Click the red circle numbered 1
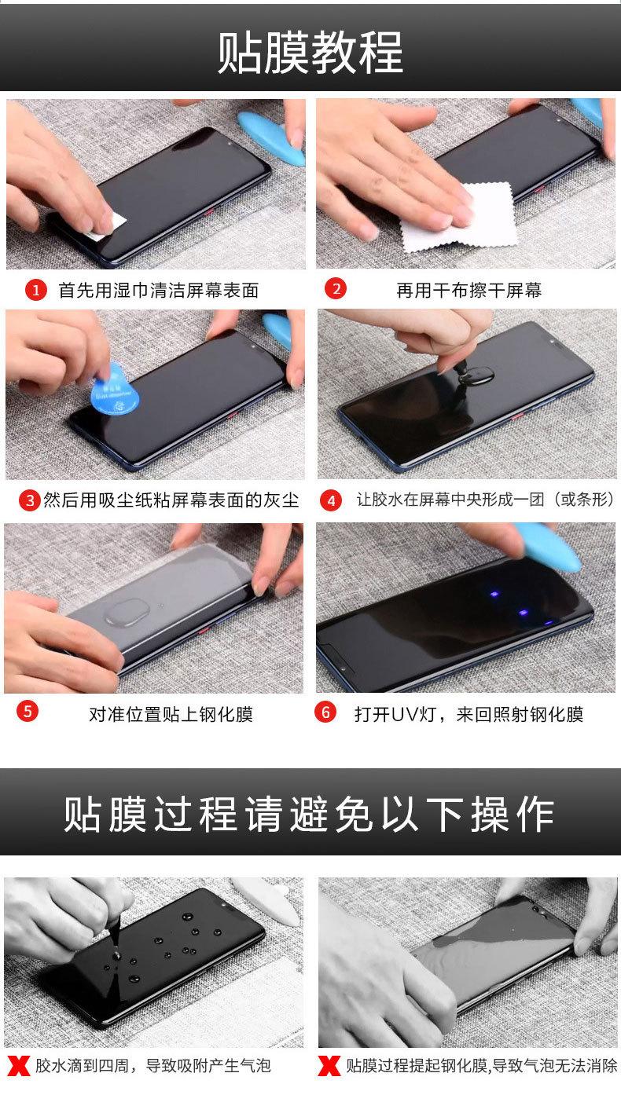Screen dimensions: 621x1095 (35, 291)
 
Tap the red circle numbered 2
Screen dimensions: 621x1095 (336, 289)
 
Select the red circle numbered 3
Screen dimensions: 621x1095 (30, 500)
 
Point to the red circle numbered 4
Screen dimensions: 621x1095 (331, 500)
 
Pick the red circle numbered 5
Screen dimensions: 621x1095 (28, 711)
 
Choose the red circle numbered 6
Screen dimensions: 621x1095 (325, 712)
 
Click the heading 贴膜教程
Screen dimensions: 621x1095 (310, 52)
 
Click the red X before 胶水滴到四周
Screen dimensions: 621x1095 (19, 1066)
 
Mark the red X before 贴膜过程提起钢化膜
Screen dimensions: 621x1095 (329, 1066)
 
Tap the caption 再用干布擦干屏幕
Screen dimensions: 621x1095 (469, 291)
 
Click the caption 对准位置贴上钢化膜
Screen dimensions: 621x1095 (171, 714)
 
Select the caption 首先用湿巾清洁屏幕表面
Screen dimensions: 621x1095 (159, 291)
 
